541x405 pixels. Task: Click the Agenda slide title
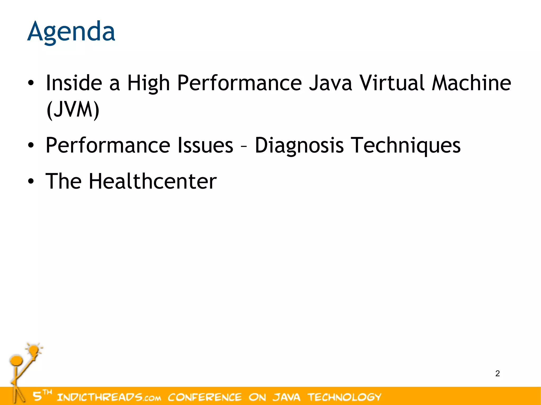coord(71,32)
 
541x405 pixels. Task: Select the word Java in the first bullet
coord(330,83)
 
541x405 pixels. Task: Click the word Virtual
coord(392,83)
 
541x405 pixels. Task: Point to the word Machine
coord(471,83)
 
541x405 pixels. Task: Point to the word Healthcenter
coord(152,181)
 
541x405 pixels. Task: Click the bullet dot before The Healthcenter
coord(31,181)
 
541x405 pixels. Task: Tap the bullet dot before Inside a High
coord(31,83)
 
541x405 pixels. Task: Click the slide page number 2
coord(497,374)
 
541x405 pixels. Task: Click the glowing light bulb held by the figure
coord(34,350)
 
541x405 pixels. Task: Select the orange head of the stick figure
coord(16,360)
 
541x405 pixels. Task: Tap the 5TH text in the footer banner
coord(42,395)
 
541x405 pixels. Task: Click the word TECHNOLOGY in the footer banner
coord(344,397)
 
